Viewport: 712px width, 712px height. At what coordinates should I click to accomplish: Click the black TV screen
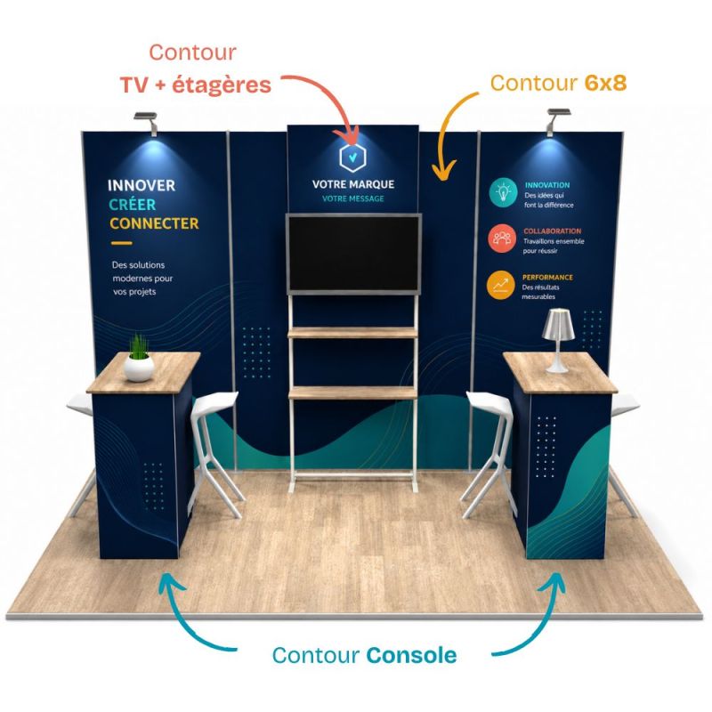pyautogui.click(x=353, y=254)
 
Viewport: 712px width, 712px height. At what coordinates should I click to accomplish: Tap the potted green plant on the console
pyautogui.click(x=140, y=359)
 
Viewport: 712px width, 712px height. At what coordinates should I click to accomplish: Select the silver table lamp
pyautogui.click(x=559, y=341)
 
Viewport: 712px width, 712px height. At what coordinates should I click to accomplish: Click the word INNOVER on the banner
pyautogui.click(x=142, y=185)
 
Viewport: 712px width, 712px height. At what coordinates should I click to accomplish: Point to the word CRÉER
pyautogui.click(x=132, y=205)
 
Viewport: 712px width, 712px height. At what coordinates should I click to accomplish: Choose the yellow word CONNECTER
pyautogui.click(x=154, y=223)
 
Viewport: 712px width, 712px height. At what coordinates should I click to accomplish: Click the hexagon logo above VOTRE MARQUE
pyautogui.click(x=352, y=158)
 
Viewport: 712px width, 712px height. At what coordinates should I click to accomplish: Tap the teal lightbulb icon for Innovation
pyautogui.click(x=503, y=192)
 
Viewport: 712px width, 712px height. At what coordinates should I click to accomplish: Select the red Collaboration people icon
pyautogui.click(x=502, y=238)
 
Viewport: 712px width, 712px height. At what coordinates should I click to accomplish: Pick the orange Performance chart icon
pyautogui.click(x=500, y=285)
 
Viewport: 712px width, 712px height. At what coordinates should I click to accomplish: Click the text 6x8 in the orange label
pyautogui.click(x=605, y=83)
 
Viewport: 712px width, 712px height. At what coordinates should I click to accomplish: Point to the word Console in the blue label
pyautogui.click(x=411, y=655)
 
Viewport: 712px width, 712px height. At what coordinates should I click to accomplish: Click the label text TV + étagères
pyautogui.click(x=196, y=85)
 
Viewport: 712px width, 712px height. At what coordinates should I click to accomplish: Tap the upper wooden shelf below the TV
pyautogui.click(x=352, y=333)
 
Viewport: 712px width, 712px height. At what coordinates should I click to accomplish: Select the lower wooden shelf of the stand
pyautogui.click(x=352, y=393)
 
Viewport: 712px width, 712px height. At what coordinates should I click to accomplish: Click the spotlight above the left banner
pyautogui.click(x=147, y=122)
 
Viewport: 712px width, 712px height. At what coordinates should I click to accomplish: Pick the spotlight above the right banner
pyautogui.click(x=558, y=120)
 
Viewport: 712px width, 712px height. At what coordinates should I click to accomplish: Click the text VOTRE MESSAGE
pyautogui.click(x=352, y=198)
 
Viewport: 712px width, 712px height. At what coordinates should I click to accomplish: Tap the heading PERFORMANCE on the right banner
pyautogui.click(x=547, y=277)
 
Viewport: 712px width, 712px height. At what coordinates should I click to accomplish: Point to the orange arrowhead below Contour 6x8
pyautogui.click(x=444, y=171)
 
